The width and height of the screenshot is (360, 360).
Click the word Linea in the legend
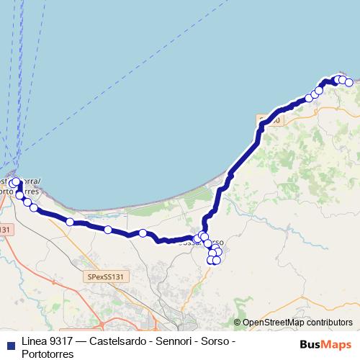pos(36,340)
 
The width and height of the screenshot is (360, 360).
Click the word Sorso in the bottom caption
pos(225,340)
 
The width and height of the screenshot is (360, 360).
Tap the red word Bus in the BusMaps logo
pos(310,343)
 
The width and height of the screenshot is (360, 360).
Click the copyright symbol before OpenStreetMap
pos(238,323)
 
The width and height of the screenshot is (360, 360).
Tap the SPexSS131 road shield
pos(106,276)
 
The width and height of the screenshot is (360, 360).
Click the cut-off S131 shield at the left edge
pos(6,230)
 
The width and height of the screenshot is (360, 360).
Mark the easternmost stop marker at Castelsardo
pos(349,82)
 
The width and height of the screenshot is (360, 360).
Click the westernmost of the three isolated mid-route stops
pos(70,222)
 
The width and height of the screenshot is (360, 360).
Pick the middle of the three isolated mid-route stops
pos(107,230)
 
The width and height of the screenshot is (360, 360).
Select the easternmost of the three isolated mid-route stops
pos(143,233)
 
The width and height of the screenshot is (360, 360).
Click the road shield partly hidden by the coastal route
pos(271,120)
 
